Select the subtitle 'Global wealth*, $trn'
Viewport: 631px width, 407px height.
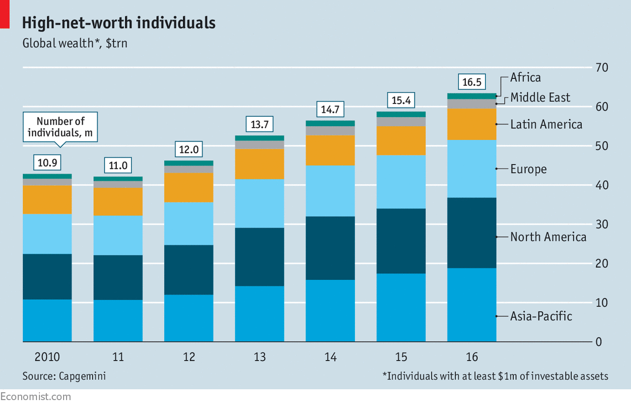tap(75, 43)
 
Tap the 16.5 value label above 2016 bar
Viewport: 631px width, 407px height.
tap(471, 81)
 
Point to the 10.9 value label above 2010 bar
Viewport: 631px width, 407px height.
tap(47, 162)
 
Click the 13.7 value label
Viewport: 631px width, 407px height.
tap(259, 124)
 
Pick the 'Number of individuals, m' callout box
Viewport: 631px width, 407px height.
tap(60, 127)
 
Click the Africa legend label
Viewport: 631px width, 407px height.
tap(525, 77)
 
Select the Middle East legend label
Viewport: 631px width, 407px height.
tap(540, 98)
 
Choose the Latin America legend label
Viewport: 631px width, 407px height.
tap(546, 124)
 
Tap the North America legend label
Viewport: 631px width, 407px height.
tap(548, 237)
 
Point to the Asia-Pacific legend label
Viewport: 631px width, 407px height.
tap(541, 316)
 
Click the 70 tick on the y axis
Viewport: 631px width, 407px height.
tap(602, 67)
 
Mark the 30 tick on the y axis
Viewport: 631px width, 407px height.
tap(602, 224)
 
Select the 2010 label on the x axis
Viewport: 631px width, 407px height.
tap(47, 357)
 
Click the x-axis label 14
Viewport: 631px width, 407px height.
tap(330, 357)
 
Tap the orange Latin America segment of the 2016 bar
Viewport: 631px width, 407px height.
tap(471, 124)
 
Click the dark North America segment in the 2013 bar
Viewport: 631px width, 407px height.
tap(259, 257)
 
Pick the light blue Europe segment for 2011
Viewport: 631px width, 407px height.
tap(118, 235)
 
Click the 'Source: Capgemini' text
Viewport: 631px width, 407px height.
tap(64, 376)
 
